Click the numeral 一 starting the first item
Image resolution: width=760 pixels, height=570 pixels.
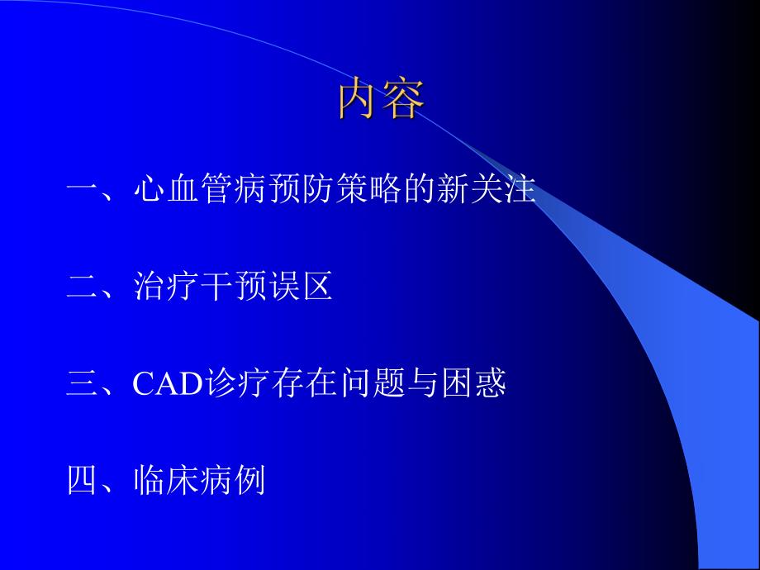[83, 192]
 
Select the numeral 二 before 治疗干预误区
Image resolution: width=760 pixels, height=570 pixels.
[83, 287]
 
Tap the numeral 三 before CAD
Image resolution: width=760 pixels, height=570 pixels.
[83, 383]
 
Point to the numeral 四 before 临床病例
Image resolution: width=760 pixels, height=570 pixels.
[83, 479]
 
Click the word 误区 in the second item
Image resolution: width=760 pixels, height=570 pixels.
[300, 287]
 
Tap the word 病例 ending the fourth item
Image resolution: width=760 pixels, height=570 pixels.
[232, 479]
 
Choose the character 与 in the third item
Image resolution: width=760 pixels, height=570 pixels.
[421, 383]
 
